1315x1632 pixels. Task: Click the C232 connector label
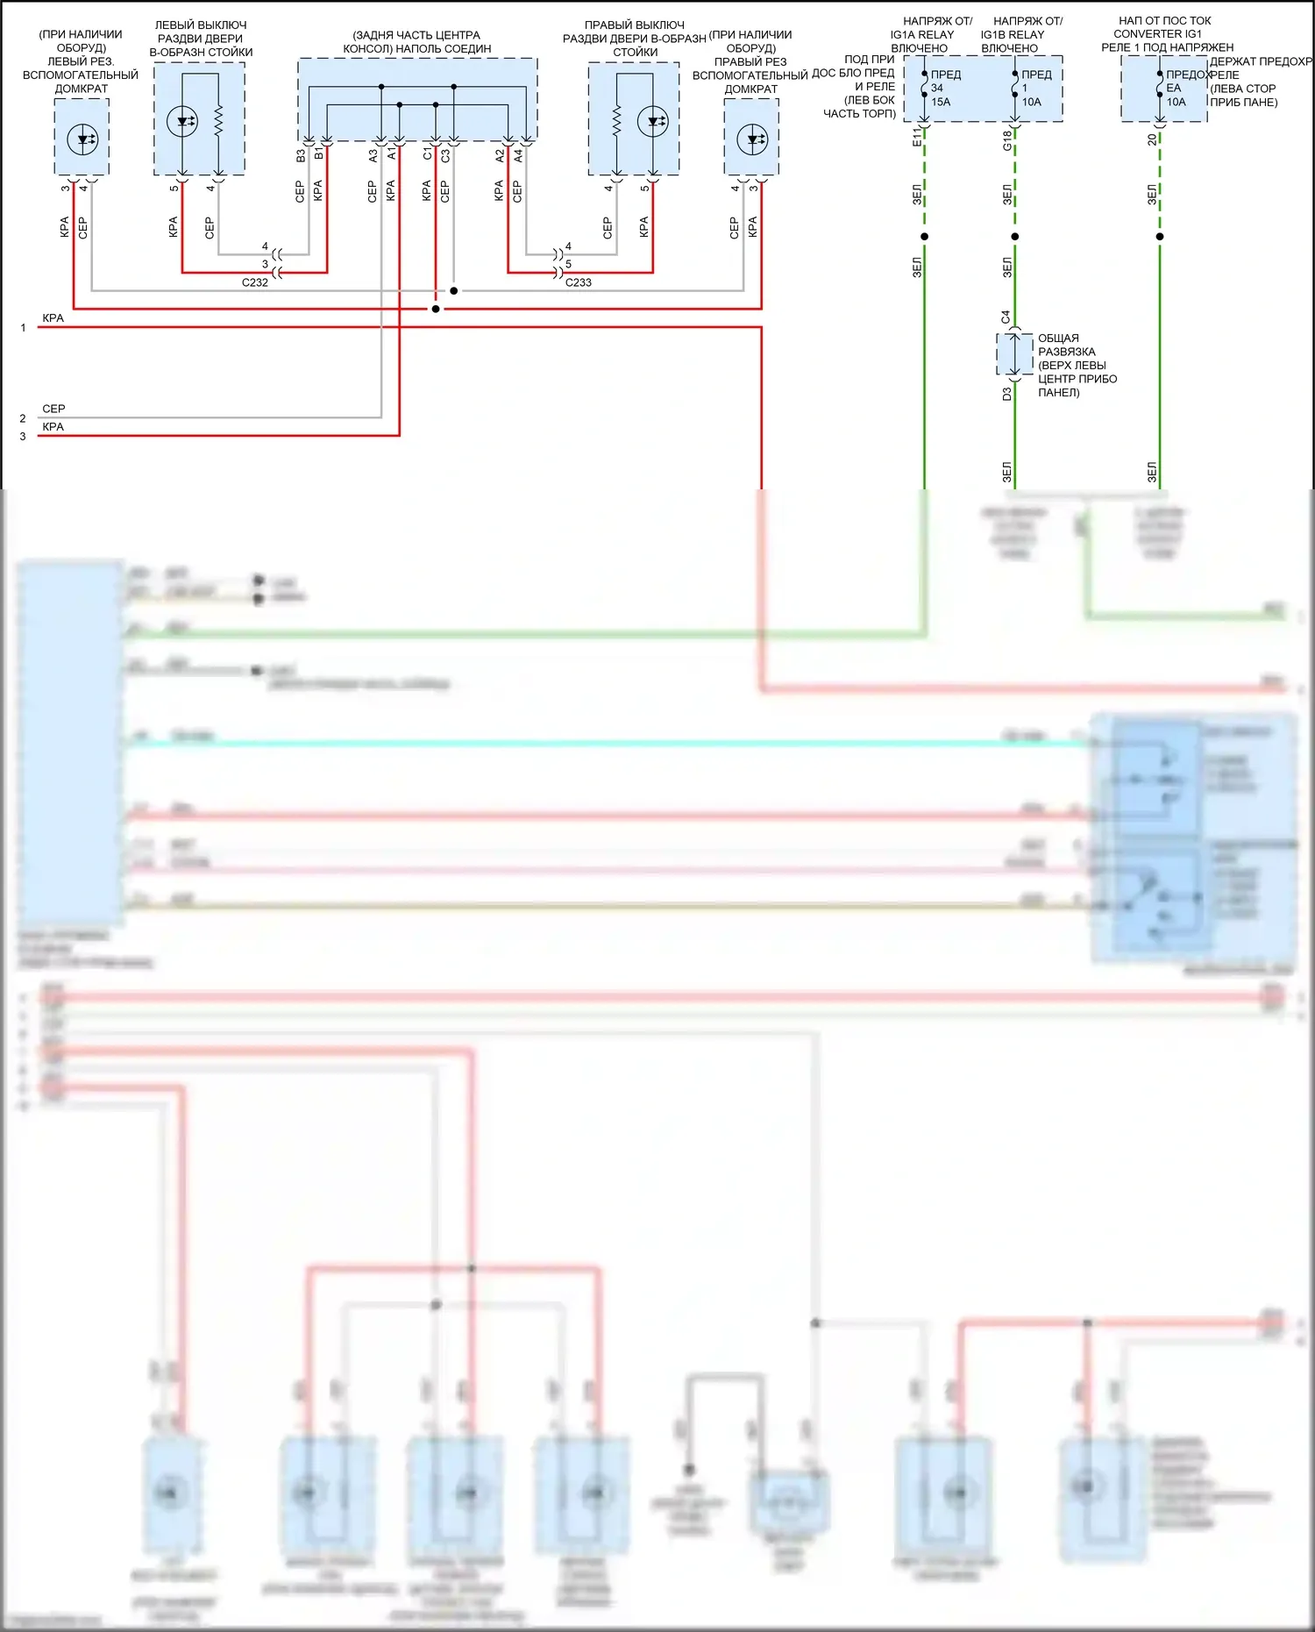pyautogui.click(x=255, y=282)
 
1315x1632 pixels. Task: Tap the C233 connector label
pyautogui.click(x=578, y=282)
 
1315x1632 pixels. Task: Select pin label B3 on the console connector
pyautogui.click(x=301, y=155)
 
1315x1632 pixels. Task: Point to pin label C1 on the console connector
pyautogui.click(x=427, y=154)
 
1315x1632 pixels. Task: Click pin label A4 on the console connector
pyautogui.click(x=518, y=155)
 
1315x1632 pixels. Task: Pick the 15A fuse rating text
pyautogui.click(x=941, y=102)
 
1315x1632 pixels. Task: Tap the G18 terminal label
pyautogui.click(x=1007, y=140)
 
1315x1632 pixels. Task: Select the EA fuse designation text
pyautogui.click(x=1173, y=88)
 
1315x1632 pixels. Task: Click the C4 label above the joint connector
pyautogui.click(x=1006, y=317)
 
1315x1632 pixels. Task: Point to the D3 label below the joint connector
pyautogui.click(x=1006, y=395)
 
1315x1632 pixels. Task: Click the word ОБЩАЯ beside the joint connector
pyautogui.click(x=1058, y=338)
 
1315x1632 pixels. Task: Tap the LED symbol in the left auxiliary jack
pyautogui.click(x=82, y=139)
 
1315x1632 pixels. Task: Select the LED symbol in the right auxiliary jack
pyautogui.click(x=751, y=139)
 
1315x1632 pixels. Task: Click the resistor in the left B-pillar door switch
pyautogui.click(x=218, y=121)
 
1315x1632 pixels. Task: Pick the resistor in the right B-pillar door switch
pyautogui.click(x=616, y=121)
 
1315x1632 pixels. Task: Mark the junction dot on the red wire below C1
pyautogui.click(x=436, y=309)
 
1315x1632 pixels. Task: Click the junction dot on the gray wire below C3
pyautogui.click(x=453, y=290)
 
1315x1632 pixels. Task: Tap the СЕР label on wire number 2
pyautogui.click(x=53, y=409)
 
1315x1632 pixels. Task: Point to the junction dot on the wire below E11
pyautogui.click(x=924, y=237)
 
